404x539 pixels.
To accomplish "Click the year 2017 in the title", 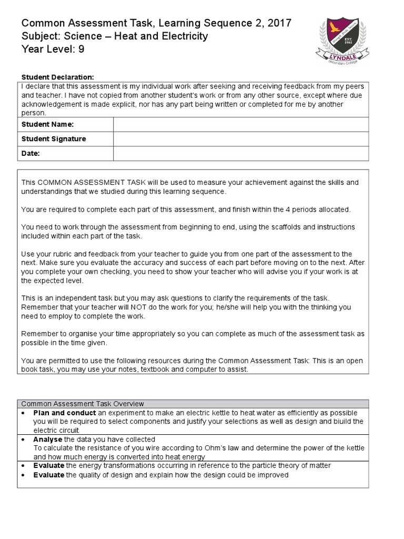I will click(279, 23).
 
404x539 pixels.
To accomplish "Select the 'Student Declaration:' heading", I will click(57, 77).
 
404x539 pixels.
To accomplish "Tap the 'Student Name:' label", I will click(47, 124).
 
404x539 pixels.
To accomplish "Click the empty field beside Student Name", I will click(240, 124).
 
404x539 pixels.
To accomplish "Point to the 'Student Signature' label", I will click(53, 139).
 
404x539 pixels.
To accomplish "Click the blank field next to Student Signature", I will click(240, 139).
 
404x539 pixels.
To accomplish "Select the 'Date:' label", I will click(31, 154).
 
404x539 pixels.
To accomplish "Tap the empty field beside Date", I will click(240, 154).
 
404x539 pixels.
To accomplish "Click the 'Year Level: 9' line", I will click(53, 49).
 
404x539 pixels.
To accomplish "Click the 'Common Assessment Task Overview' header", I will click(83, 404).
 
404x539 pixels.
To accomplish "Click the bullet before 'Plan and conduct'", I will click(24, 413).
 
